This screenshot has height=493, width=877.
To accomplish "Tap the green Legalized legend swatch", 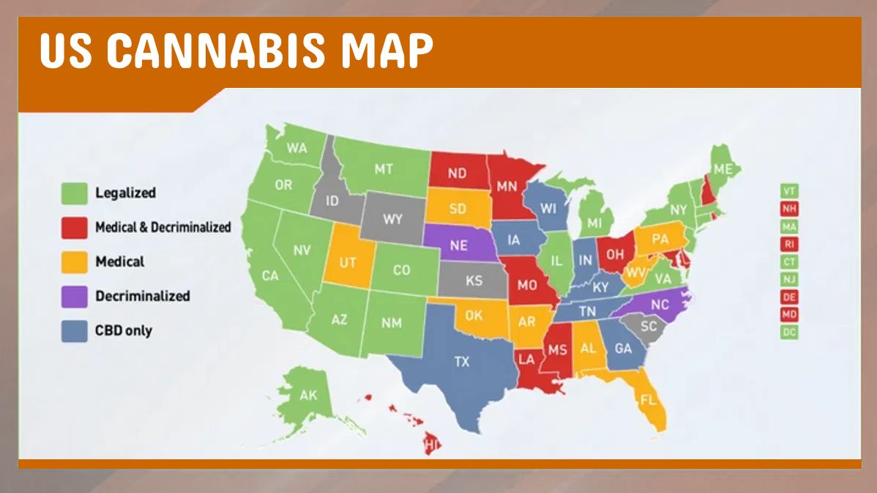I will click(x=74, y=194).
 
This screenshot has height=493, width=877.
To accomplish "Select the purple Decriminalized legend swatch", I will click(x=74, y=296).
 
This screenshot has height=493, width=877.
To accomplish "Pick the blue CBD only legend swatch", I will click(x=74, y=330).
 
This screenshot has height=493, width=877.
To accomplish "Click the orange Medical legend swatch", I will click(x=74, y=262).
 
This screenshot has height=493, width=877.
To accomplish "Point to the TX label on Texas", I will click(x=462, y=361).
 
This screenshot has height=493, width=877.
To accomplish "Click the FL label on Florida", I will click(x=648, y=400).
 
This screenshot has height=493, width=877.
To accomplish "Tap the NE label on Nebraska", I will click(x=459, y=245).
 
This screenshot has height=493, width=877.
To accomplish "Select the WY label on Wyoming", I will click(x=393, y=219).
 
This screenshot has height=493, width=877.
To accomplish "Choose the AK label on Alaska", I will click(x=308, y=396).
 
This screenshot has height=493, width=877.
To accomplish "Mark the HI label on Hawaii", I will click(x=430, y=444).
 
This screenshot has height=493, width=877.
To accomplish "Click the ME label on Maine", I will click(x=723, y=169).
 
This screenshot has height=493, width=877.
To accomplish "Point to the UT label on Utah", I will click(x=348, y=262).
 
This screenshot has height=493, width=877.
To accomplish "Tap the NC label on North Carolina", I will click(x=660, y=305).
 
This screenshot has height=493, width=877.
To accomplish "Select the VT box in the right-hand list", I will click(x=789, y=191).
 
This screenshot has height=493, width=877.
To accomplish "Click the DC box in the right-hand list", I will click(x=789, y=332).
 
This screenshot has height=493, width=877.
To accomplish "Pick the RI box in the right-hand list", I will click(x=789, y=244).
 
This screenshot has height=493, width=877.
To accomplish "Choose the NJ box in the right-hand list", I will click(x=789, y=279).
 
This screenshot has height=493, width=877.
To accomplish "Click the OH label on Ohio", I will click(x=615, y=254).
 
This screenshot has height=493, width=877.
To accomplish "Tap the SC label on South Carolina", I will click(x=649, y=327).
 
